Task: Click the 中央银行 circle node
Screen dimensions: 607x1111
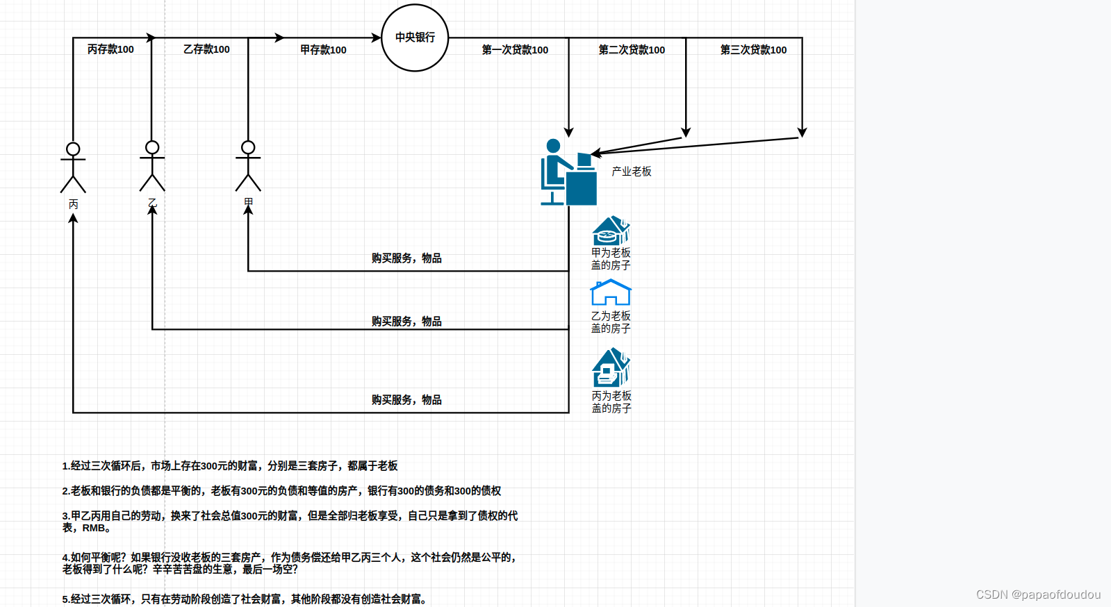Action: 415,38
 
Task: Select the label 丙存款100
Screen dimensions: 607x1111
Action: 110,49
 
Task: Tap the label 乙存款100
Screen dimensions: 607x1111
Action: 206,49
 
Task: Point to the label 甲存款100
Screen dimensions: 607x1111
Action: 323,50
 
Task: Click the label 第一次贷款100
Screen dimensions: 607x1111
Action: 515,50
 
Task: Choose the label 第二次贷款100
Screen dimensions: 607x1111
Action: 632,50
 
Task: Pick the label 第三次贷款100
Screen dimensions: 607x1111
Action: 753,50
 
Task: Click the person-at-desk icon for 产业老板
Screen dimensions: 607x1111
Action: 568,173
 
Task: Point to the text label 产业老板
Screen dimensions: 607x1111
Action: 632,172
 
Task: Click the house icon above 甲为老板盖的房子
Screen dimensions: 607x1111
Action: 611,231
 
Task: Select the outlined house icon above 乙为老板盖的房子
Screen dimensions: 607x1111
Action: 611,292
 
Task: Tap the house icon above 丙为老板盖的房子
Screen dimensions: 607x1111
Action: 611,367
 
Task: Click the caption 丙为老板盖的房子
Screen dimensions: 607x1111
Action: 611,402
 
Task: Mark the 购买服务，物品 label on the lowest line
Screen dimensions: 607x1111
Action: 406,400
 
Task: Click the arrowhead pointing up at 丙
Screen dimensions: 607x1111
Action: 73,219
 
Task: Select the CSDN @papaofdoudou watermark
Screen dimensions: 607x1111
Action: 1038,594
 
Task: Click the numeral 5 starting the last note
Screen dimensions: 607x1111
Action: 65,599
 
